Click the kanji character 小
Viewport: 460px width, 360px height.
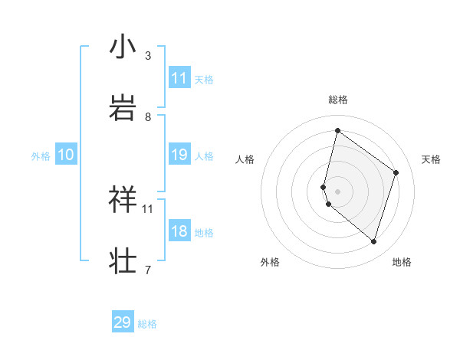pos(123,47)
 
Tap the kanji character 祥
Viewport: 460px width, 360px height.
pos(123,198)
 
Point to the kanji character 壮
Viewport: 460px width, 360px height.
pos(123,260)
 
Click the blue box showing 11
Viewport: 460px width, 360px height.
pos(179,77)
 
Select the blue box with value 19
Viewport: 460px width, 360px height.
pos(179,155)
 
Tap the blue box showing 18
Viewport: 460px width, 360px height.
pos(179,231)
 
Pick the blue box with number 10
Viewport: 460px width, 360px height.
pos(66,155)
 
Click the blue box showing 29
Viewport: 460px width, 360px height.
pos(123,322)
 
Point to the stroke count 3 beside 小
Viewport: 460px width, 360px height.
pos(148,56)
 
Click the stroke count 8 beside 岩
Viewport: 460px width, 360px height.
pos(148,116)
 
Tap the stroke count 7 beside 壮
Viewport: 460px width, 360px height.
pos(148,270)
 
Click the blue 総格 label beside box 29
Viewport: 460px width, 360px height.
pos(147,324)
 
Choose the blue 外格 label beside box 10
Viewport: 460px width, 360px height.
pos(41,155)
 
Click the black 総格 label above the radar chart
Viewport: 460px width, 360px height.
pos(338,100)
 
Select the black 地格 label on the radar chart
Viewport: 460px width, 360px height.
pos(402,263)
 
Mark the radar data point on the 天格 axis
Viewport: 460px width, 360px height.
pos(396,172)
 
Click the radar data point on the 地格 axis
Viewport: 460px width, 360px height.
pos(373,241)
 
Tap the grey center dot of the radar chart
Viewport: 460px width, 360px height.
pos(337,191)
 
